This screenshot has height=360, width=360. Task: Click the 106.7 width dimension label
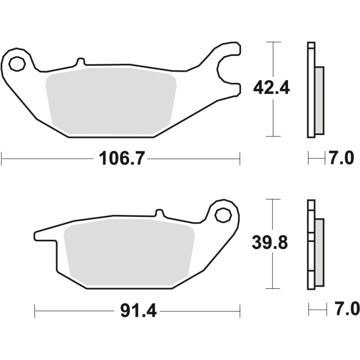point(120,158)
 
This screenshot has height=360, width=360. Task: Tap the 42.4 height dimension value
point(271,87)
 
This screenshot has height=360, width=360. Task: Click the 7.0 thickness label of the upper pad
point(342,158)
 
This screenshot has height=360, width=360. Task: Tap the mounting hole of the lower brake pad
point(222,215)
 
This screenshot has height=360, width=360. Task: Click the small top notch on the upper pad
point(80,61)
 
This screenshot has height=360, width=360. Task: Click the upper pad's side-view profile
point(315,90)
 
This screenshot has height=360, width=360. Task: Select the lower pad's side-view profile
point(315,245)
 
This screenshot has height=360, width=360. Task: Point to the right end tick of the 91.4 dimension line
point(239,310)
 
